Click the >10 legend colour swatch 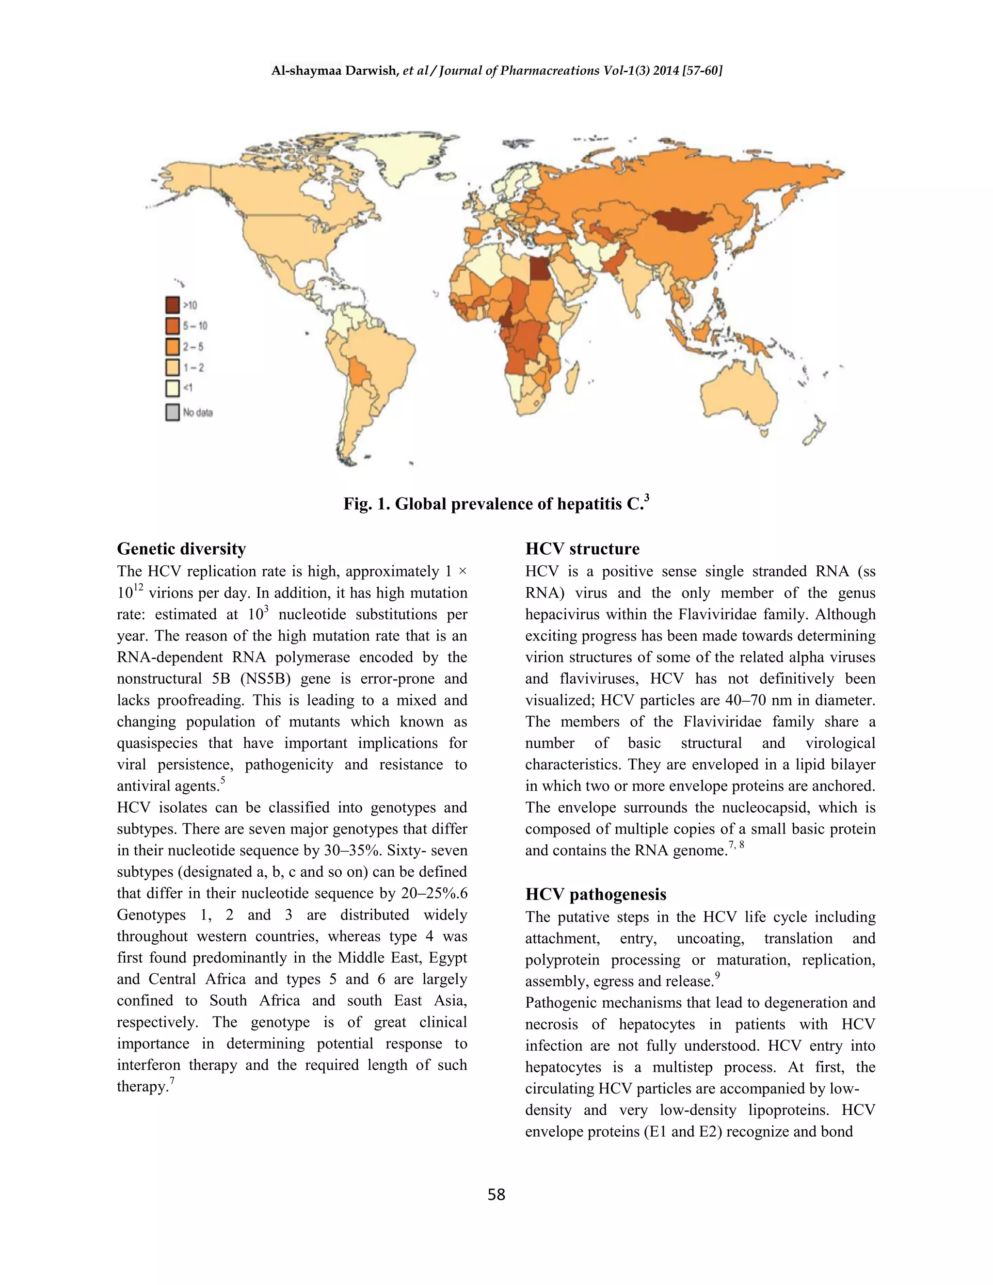(x=172, y=305)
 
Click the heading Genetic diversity (x=181, y=549)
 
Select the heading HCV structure (x=582, y=549)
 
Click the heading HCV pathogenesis (x=595, y=894)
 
